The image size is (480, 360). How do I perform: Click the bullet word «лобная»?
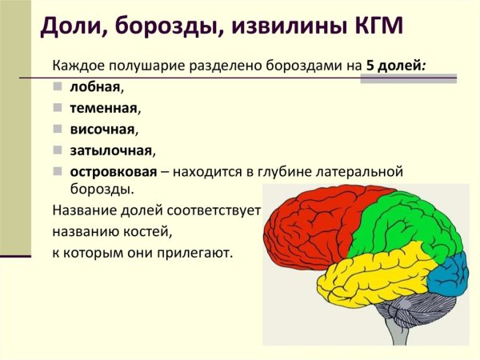(92, 86)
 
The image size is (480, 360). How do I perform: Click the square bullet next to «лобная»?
(58, 86)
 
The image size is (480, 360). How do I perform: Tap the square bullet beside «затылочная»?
(58, 150)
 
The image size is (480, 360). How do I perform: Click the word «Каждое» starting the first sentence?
(77, 66)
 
